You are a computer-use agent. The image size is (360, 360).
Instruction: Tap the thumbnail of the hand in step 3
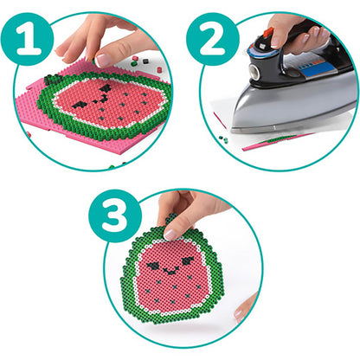tap(171, 233)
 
